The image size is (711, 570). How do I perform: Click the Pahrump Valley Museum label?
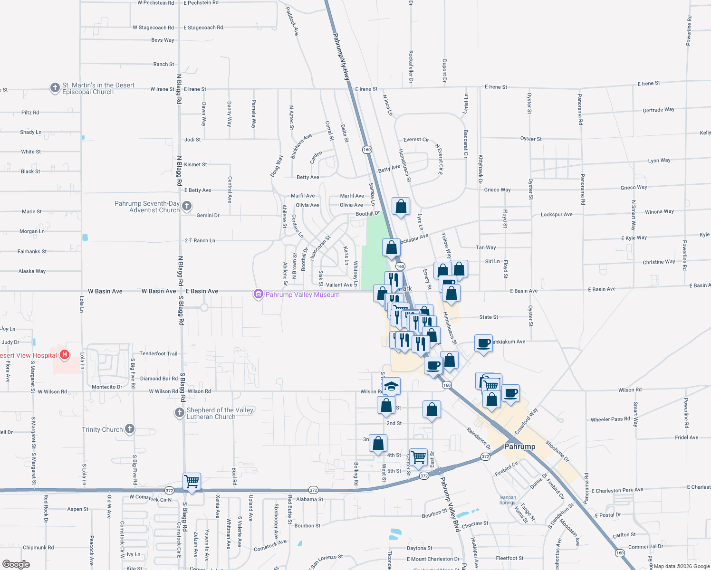coord(302,294)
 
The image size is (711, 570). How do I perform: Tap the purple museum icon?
coord(259,294)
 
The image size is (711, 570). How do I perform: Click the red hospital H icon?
coord(65,354)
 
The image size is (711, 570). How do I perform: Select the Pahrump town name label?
coord(519,446)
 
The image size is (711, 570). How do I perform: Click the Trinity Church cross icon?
coord(129,429)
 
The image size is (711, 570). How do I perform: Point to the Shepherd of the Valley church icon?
coord(180,412)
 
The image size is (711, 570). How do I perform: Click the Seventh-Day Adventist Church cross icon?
coord(187,206)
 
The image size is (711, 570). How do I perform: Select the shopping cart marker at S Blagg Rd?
coord(192,481)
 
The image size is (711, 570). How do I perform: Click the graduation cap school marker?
coord(391,386)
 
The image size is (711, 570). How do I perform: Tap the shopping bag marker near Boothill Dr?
coord(401,207)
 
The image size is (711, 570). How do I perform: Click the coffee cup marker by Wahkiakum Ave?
coord(483,343)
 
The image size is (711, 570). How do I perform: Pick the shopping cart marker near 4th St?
coord(419,457)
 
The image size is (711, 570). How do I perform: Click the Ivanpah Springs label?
coord(508,500)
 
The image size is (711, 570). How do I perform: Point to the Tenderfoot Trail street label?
coord(158,353)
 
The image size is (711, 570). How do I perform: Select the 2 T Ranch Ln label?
coord(200,240)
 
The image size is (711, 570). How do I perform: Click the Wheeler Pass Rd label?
coord(610,419)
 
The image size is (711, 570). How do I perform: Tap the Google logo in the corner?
coord(16,564)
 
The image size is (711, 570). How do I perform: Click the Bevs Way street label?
coord(163,40)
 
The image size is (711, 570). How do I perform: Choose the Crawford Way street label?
coord(526,420)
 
